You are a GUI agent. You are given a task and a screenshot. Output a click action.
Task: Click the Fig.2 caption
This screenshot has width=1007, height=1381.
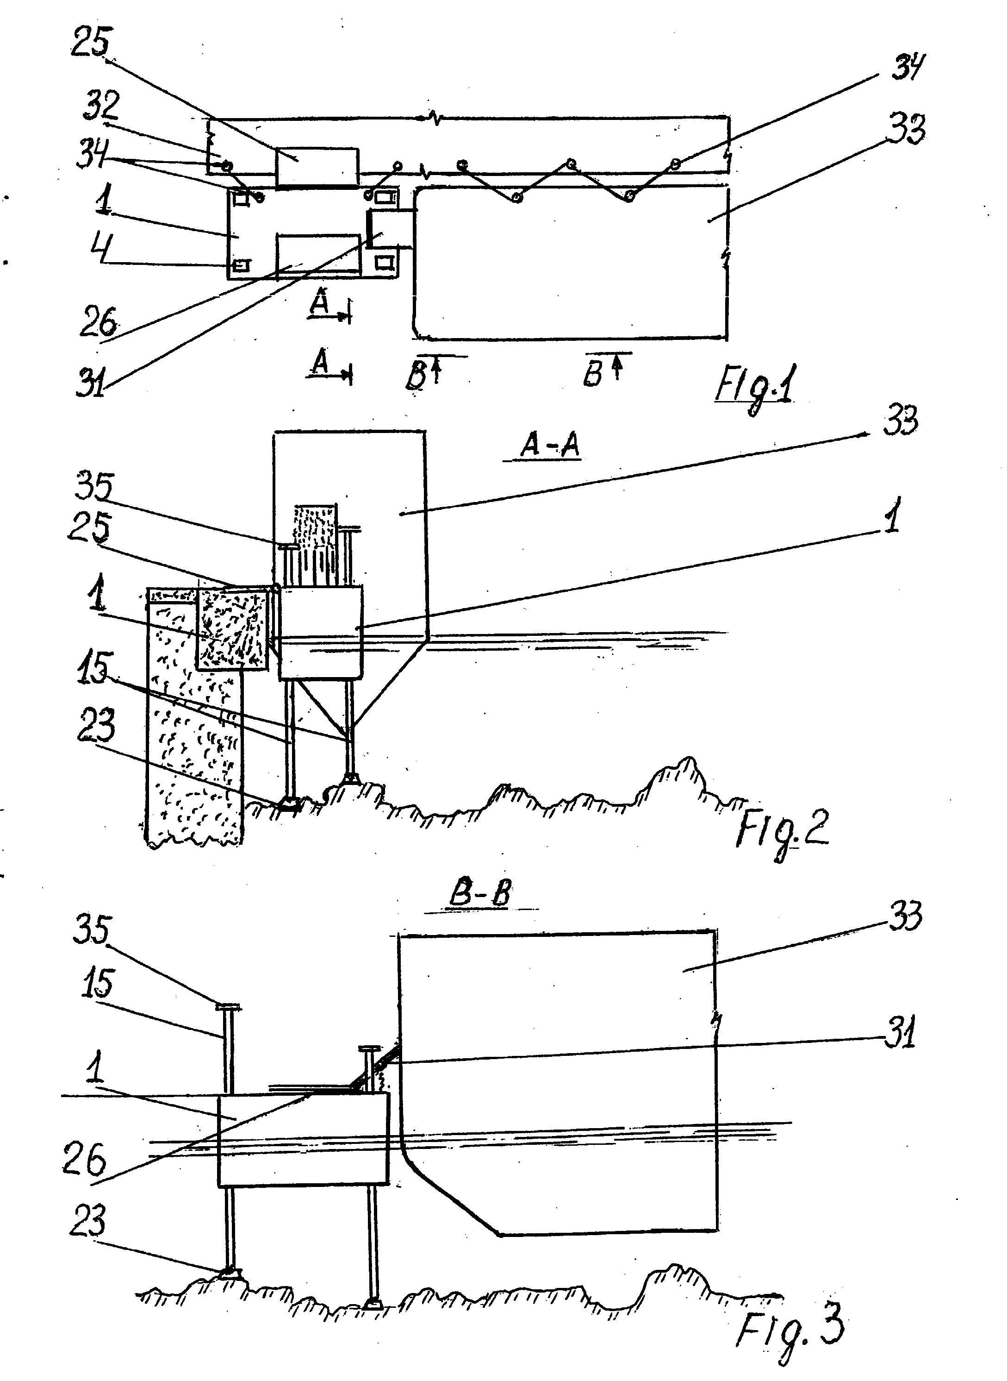coord(782,831)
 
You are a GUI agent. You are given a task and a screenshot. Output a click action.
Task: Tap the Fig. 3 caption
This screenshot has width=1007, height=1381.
coord(790,1327)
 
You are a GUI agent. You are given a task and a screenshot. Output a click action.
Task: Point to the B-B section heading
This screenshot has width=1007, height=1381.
coord(480,894)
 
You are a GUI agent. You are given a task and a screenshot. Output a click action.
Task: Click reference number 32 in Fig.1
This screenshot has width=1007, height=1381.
coord(101,105)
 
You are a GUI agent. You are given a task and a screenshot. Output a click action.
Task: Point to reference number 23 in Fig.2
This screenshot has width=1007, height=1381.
coord(96,727)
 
